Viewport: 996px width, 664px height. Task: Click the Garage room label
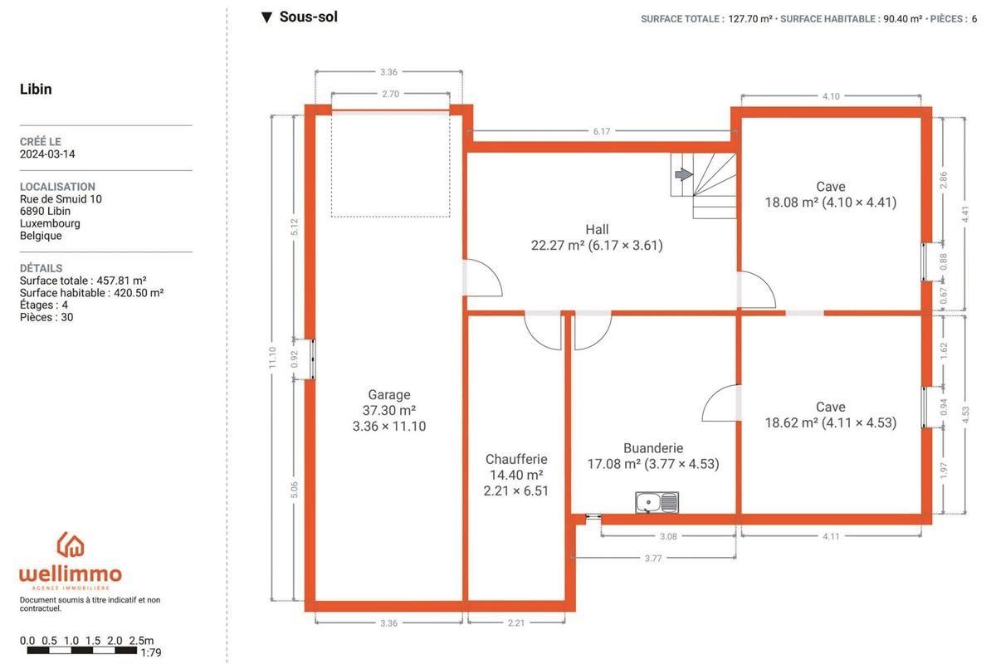[389, 394]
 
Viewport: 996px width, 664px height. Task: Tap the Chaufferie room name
[516, 459]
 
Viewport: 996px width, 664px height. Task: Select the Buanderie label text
[653, 448]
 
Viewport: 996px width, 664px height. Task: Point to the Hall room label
[597, 229]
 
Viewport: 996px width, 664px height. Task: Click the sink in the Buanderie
[657, 502]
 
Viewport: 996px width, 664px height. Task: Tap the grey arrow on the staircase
[683, 174]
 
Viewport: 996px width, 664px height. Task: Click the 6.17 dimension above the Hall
[602, 131]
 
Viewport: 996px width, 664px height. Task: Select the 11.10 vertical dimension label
[272, 357]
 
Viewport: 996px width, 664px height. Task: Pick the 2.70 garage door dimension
[390, 94]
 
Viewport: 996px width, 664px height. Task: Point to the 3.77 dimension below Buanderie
[653, 558]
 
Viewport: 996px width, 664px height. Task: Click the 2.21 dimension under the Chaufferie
[516, 623]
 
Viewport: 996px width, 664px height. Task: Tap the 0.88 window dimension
[944, 261]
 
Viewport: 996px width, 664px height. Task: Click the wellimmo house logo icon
[71, 544]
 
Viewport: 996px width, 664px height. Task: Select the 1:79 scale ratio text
[151, 652]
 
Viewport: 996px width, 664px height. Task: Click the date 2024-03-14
[47, 154]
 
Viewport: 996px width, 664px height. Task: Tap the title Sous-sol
[309, 17]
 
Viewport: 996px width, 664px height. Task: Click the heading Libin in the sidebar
[36, 89]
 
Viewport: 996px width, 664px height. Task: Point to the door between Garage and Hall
[483, 278]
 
